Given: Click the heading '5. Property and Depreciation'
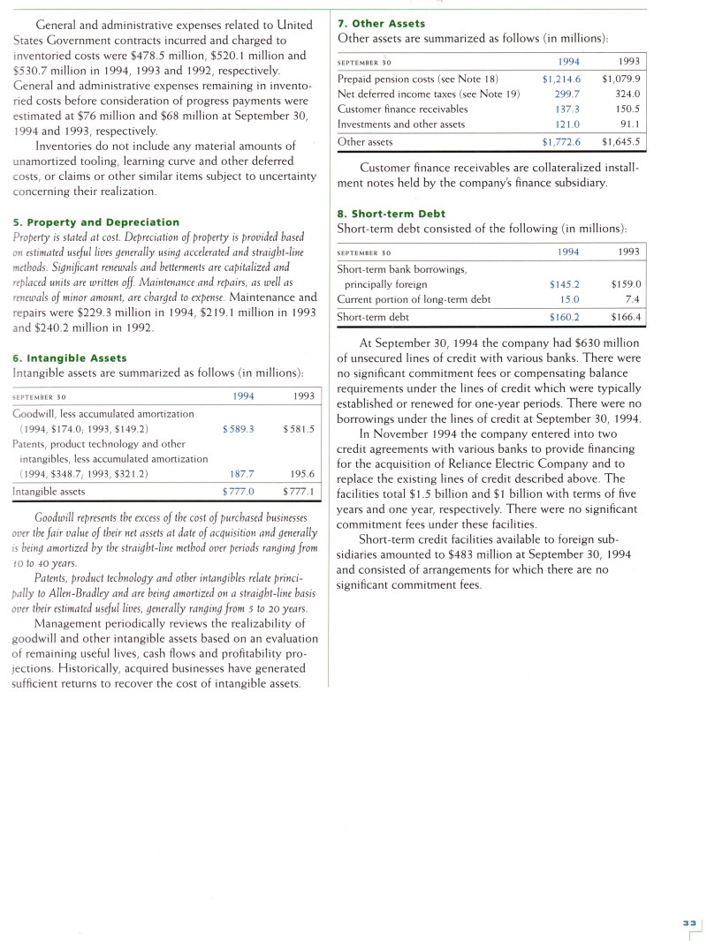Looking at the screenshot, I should coord(96,222).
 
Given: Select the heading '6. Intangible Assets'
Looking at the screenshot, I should coord(70,358).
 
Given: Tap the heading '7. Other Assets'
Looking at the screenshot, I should coord(381,23).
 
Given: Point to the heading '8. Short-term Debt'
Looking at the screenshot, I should coord(392,214).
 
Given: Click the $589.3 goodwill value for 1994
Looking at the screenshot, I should coord(239,428).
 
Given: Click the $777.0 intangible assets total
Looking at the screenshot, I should coord(239,491).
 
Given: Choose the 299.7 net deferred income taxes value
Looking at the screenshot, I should coord(566,94).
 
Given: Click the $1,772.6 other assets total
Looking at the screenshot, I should coord(561,141).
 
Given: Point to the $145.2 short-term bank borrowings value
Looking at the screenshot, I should coord(565,284).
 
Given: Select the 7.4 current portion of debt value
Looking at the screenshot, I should coord(633,299).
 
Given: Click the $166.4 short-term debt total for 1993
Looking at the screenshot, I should coord(626,317).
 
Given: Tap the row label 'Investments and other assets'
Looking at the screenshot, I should coord(401,124).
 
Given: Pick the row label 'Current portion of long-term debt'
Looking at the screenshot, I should coord(414,299).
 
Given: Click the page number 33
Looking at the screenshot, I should coord(689,922).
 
